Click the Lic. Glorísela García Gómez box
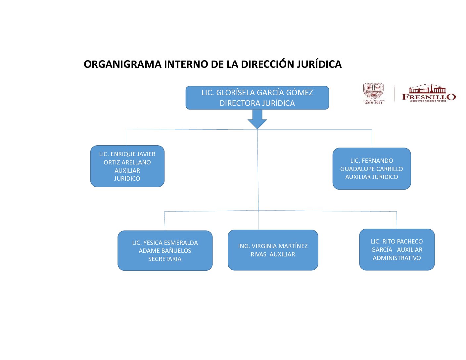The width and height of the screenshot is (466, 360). [x=257, y=98]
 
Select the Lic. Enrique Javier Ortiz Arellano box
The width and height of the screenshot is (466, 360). [x=127, y=166]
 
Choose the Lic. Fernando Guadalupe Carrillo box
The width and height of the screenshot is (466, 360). [x=372, y=169]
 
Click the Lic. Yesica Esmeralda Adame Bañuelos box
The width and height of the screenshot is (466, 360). [x=165, y=250]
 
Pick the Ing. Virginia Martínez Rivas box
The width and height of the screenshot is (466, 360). [x=273, y=250]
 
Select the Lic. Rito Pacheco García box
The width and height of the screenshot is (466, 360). [x=397, y=249]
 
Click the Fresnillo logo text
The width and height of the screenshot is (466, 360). [x=429, y=96]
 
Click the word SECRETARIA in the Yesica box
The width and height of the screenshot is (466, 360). [x=165, y=259]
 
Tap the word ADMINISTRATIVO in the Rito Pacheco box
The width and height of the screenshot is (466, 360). [x=397, y=258]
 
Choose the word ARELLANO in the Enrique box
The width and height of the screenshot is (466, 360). [x=137, y=162]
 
